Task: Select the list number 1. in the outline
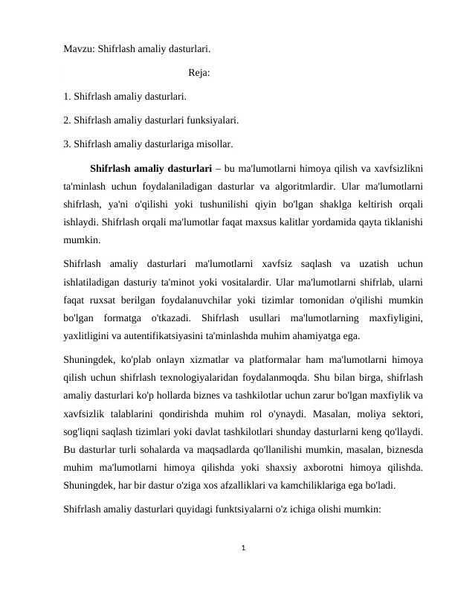tap(68, 96)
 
